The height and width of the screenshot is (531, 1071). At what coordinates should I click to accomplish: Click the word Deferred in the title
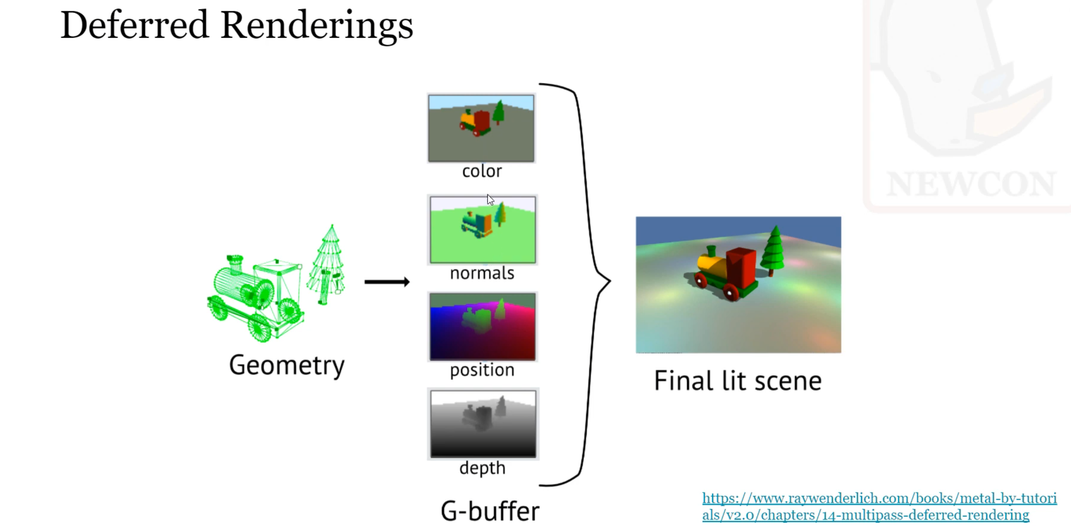134,25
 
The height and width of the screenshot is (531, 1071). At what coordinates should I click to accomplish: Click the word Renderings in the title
317,26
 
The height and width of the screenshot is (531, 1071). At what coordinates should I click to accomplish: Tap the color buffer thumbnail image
481,128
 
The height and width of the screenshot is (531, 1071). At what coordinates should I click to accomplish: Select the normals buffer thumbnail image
482,230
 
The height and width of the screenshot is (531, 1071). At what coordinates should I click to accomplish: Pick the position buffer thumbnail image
482,327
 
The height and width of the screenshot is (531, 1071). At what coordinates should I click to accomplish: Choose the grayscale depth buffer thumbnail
483,424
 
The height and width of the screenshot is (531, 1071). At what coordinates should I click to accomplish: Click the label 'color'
482,171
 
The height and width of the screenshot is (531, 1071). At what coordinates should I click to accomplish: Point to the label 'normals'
482,273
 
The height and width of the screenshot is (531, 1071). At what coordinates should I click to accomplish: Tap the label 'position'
482,370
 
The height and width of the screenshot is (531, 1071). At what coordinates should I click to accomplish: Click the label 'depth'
482,468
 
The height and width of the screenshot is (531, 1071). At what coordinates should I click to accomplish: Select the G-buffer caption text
490,511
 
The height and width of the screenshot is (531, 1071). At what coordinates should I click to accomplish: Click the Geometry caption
286,365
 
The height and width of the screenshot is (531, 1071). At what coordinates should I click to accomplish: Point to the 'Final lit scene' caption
738,381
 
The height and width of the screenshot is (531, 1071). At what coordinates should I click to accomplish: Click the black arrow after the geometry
387,282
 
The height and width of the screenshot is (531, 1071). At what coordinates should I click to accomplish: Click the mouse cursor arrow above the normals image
490,199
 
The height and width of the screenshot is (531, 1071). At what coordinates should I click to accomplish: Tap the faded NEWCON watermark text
971,183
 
